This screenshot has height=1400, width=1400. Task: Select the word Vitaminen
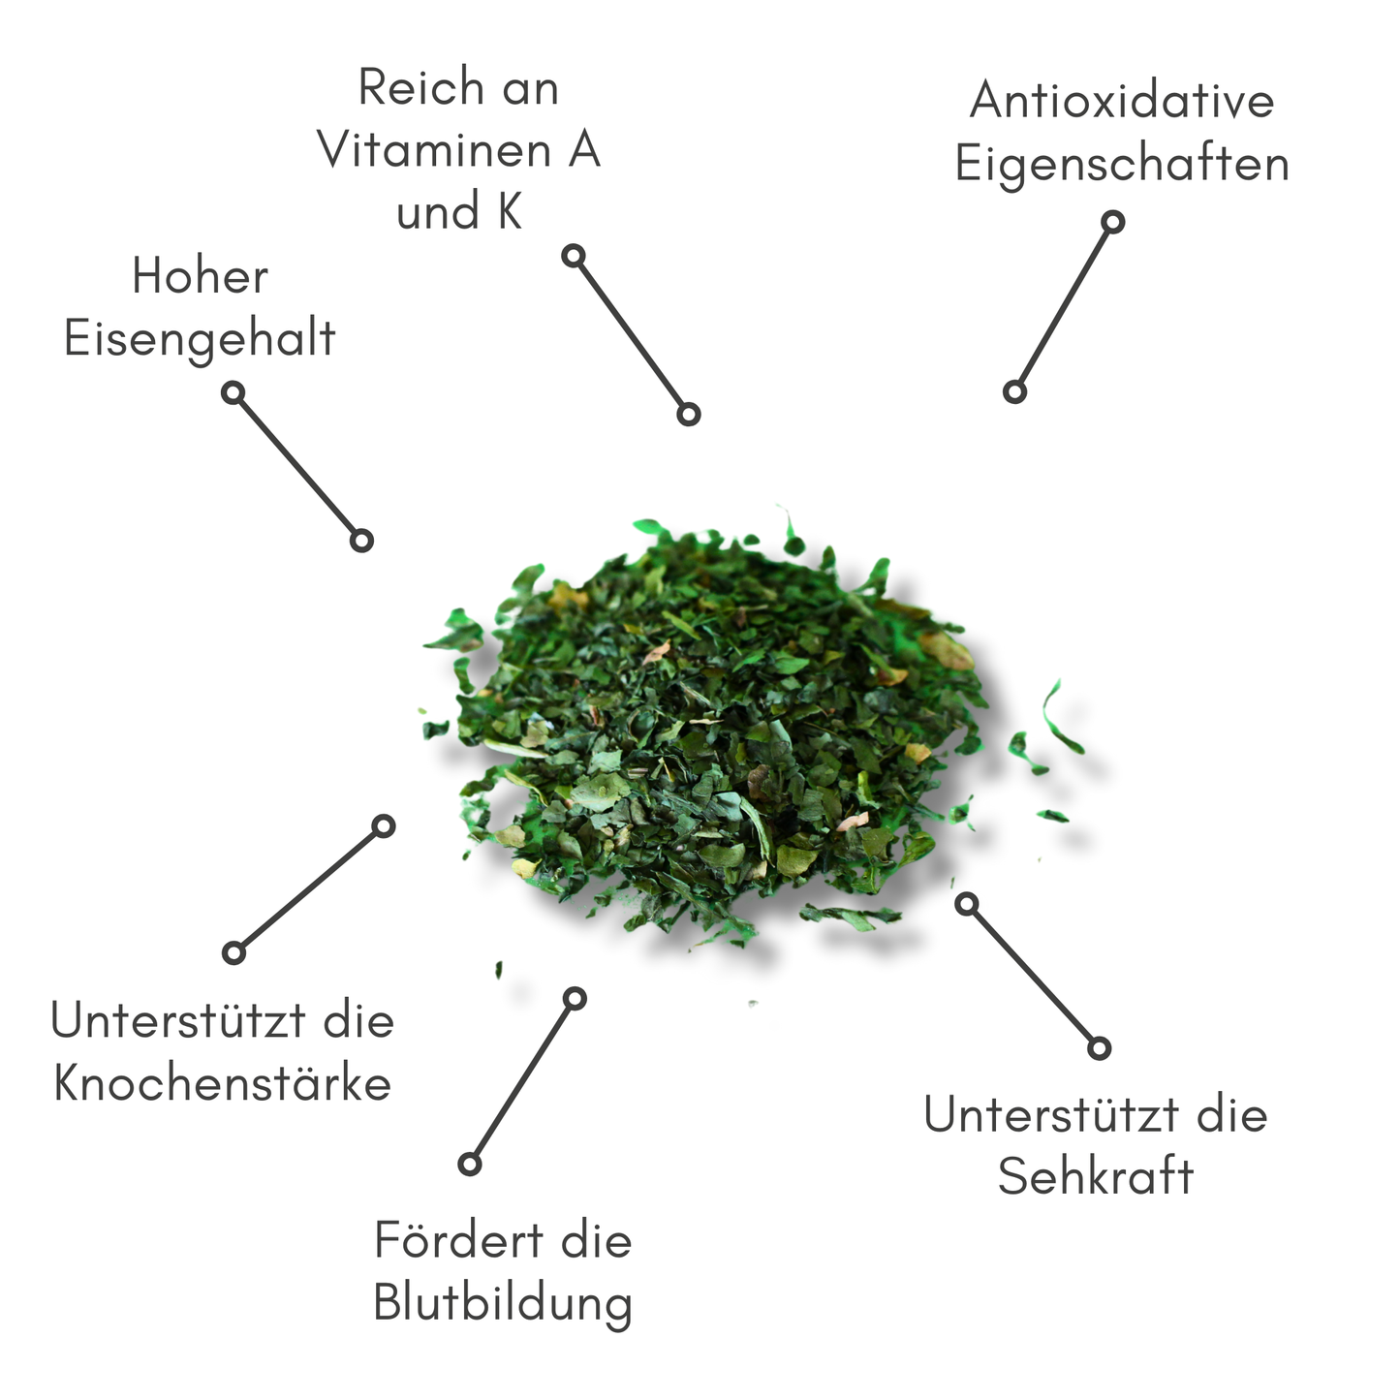(435, 149)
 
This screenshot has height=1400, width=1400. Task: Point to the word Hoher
(200, 276)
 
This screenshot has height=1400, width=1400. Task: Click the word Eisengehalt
(200, 340)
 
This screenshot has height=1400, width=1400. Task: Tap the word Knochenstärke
(222, 1083)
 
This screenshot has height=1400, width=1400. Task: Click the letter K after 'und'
(510, 211)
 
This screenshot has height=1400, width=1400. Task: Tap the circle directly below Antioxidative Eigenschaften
(1112, 222)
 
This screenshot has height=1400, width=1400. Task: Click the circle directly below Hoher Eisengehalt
(233, 393)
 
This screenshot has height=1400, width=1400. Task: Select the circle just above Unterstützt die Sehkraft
(1100, 1048)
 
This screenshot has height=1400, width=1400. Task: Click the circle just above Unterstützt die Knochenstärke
(233, 953)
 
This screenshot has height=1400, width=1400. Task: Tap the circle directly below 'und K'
(574, 256)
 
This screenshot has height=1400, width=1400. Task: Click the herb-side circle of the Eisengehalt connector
(361, 541)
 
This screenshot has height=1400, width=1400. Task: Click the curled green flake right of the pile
(1060, 717)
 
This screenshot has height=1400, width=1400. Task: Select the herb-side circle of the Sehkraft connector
(966, 905)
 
